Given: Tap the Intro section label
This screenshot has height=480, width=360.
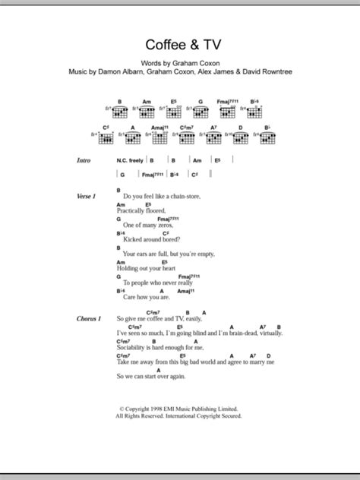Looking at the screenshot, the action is (x=87, y=162).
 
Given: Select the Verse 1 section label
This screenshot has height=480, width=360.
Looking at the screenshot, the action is (x=89, y=196).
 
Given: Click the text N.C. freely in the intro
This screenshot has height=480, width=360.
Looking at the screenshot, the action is (x=129, y=162).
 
